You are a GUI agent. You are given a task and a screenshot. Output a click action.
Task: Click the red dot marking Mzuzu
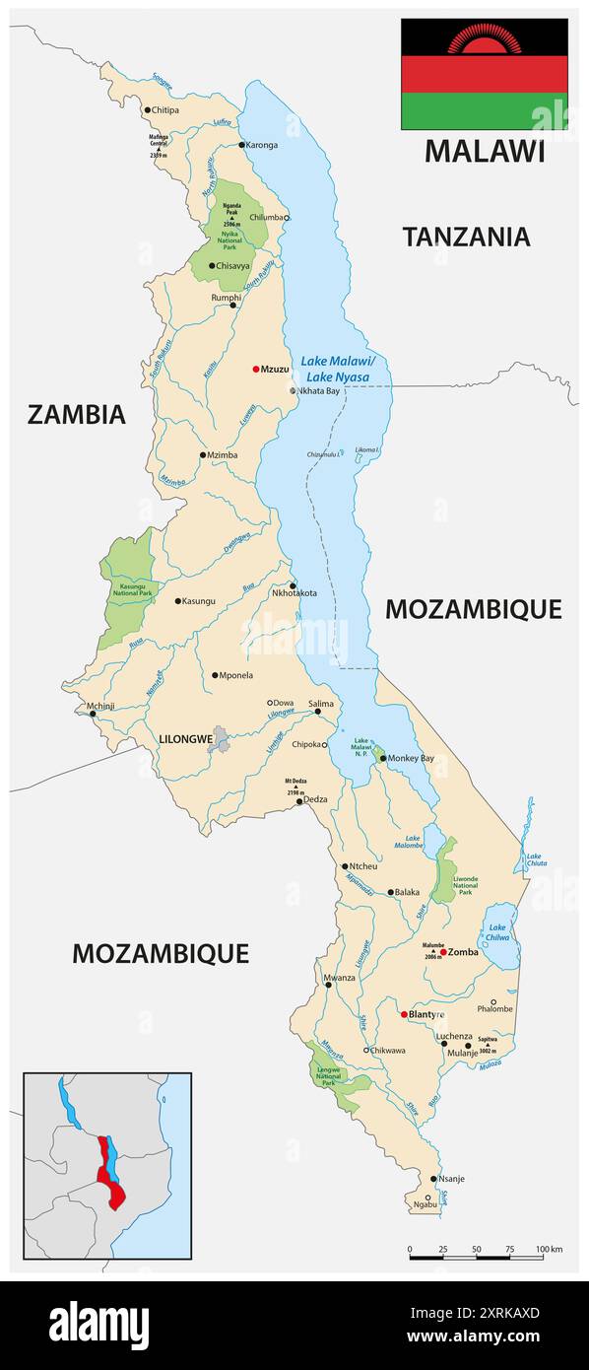[x=256, y=369]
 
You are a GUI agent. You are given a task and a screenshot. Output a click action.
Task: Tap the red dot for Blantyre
[x=404, y=1013]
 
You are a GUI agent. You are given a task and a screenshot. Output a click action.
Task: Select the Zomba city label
[x=464, y=952]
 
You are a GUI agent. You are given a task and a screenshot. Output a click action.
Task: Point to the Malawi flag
[x=484, y=74]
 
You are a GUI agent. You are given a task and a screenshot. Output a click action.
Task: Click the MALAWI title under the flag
[x=484, y=151]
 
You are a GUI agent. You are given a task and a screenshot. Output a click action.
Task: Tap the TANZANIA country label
[x=466, y=237]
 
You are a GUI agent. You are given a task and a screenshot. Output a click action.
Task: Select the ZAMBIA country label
[x=76, y=414]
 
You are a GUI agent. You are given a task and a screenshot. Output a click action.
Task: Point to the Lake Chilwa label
[x=498, y=932]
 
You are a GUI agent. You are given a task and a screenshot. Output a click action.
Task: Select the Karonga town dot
[x=241, y=145]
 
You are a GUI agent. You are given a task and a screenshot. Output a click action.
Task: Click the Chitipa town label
[x=166, y=110]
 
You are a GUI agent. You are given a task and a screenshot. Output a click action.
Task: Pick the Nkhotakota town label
[x=294, y=593]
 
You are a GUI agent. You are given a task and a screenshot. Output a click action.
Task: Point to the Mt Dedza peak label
[x=296, y=786]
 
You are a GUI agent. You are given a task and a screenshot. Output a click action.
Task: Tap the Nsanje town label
[x=454, y=1179]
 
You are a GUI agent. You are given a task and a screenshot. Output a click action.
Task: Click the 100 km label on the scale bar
[x=549, y=1250]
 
